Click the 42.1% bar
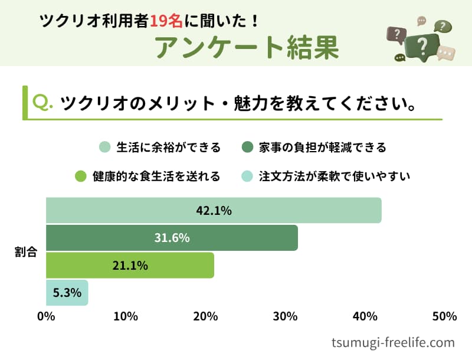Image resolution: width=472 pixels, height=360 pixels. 214,210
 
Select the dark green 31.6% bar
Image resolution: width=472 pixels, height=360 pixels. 172,238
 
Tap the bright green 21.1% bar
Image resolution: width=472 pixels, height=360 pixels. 130,265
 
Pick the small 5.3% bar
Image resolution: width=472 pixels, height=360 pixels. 67,292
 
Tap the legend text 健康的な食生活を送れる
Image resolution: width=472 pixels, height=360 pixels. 156,176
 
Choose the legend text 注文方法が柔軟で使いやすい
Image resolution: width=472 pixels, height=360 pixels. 335,176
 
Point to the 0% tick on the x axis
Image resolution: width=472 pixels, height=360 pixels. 46,316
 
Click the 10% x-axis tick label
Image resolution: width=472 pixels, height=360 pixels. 126,316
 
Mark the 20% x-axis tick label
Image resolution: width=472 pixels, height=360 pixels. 205,316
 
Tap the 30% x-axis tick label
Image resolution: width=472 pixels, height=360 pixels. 285,316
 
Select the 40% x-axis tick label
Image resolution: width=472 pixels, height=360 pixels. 365,316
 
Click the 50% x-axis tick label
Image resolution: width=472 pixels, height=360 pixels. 444,316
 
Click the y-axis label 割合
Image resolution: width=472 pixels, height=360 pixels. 26,252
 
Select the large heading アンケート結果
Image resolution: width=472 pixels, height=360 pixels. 248,47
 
